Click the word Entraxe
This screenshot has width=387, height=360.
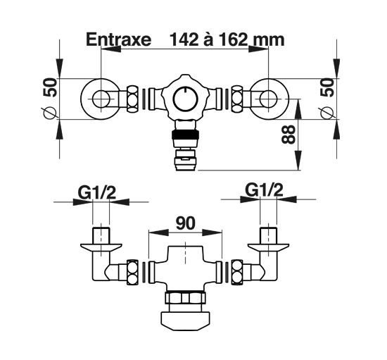click(118, 39)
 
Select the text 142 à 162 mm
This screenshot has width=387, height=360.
click(227, 39)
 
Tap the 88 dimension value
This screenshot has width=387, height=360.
click(288, 134)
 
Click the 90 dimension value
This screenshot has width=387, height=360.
click(186, 223)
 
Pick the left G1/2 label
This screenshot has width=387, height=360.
click(97, 193)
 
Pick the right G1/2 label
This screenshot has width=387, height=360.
click(264, 190)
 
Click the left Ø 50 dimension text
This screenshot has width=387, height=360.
click(50, 98)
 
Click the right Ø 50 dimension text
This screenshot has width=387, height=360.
click(327, 98)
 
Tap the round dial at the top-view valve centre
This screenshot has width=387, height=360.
click(185, 99)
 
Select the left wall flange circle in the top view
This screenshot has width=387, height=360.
click(82, 99)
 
